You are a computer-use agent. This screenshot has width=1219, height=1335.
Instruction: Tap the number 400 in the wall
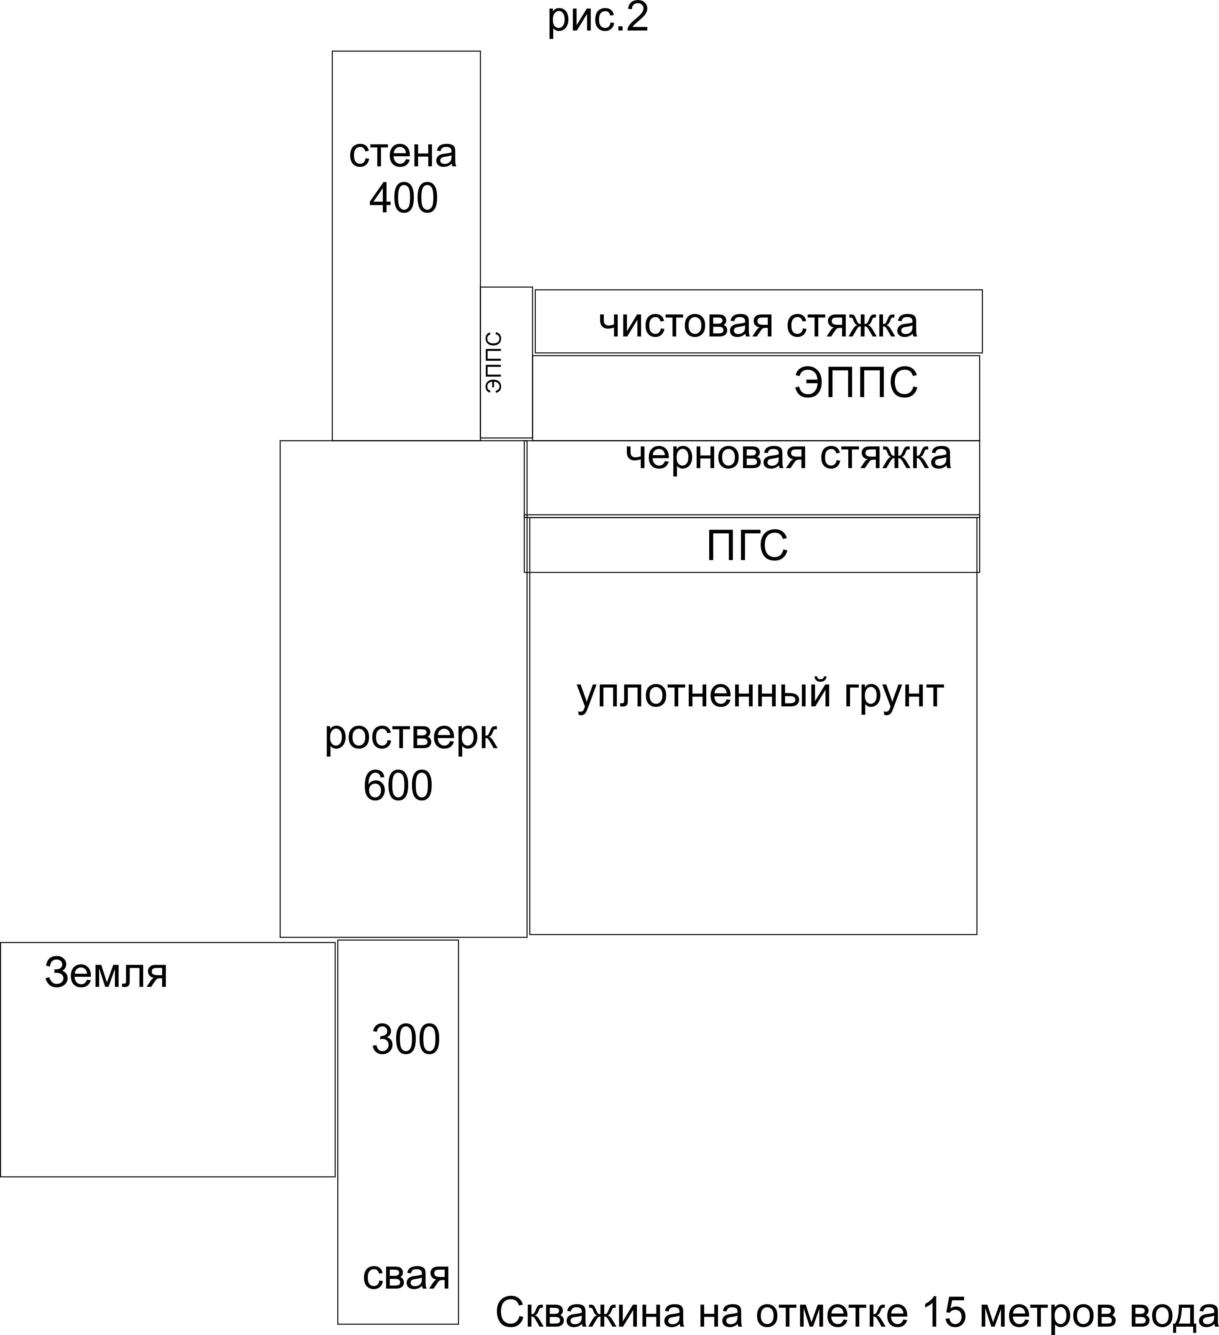point(403,198)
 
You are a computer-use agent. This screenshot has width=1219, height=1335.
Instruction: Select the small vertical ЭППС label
point(493,362)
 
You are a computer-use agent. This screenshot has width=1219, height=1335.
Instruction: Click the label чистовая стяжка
point(758,324)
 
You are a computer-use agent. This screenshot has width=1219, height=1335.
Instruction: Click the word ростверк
point(410,736)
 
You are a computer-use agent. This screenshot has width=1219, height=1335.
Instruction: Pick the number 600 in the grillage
point(398,786)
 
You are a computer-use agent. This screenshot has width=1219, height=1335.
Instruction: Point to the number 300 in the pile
point(405,1039)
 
